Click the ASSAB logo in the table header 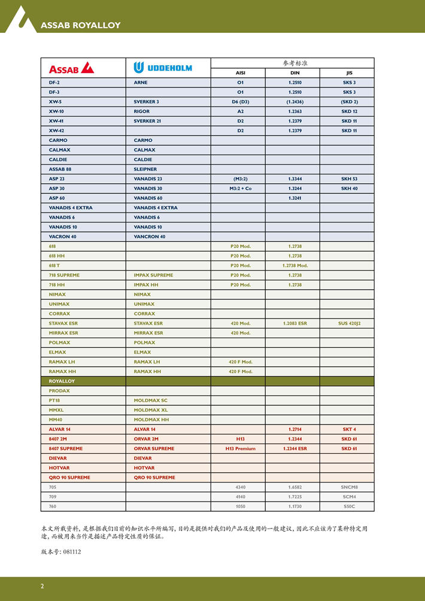click(71, 68)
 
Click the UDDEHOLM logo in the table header click(162, 68)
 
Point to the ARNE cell click(141, 83)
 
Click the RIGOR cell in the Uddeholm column click(142, 111)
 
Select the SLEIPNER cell click(145, 169)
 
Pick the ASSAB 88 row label click(60, 169)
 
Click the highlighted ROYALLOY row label click(62, 381)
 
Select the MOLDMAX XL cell click(151, 410)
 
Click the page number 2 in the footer click(42, 586)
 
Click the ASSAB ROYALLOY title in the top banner click(80, 25)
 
